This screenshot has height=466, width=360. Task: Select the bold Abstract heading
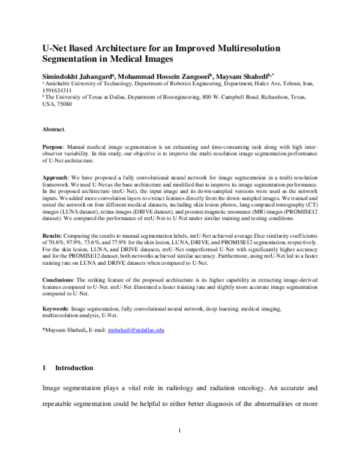pos(54,129)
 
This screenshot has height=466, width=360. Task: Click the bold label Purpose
pos(55,147)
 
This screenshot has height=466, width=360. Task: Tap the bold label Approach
pos(57,179)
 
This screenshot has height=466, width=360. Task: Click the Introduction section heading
pos(74,367)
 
